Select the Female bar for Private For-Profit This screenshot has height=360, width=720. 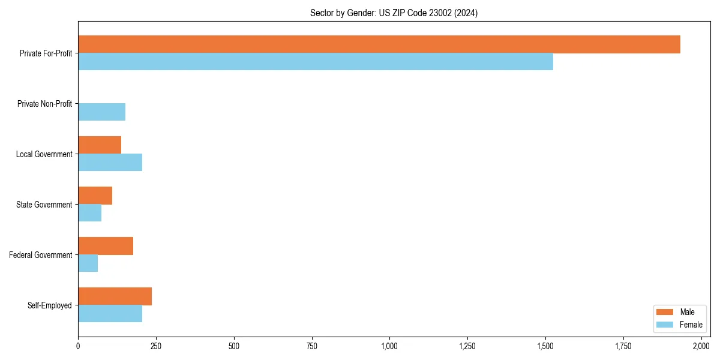coord(316,62)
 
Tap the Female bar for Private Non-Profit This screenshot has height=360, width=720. coord(102,112)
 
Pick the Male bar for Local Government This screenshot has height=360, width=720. coord(100,145)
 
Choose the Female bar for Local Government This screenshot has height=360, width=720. coord(110,163)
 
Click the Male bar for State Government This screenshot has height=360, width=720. coord(95,196)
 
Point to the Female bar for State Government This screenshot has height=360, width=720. coord(90,213)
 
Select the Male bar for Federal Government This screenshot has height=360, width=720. coord(106,246)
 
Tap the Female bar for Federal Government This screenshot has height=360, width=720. coord(88,263)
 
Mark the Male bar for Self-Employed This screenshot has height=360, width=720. coord(115,296)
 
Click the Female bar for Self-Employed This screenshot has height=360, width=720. coord(110,314)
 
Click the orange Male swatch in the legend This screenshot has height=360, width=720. coord(665,312)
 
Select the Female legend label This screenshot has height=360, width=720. coord(691,325)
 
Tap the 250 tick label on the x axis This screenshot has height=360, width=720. coord(156,346)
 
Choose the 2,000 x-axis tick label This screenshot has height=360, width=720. coord(701,346)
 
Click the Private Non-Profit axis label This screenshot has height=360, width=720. coord(44,104)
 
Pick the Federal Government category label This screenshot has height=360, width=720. coord(41,255)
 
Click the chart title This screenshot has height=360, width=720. coord(394,13)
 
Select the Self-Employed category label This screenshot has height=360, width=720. coord(50,305)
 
